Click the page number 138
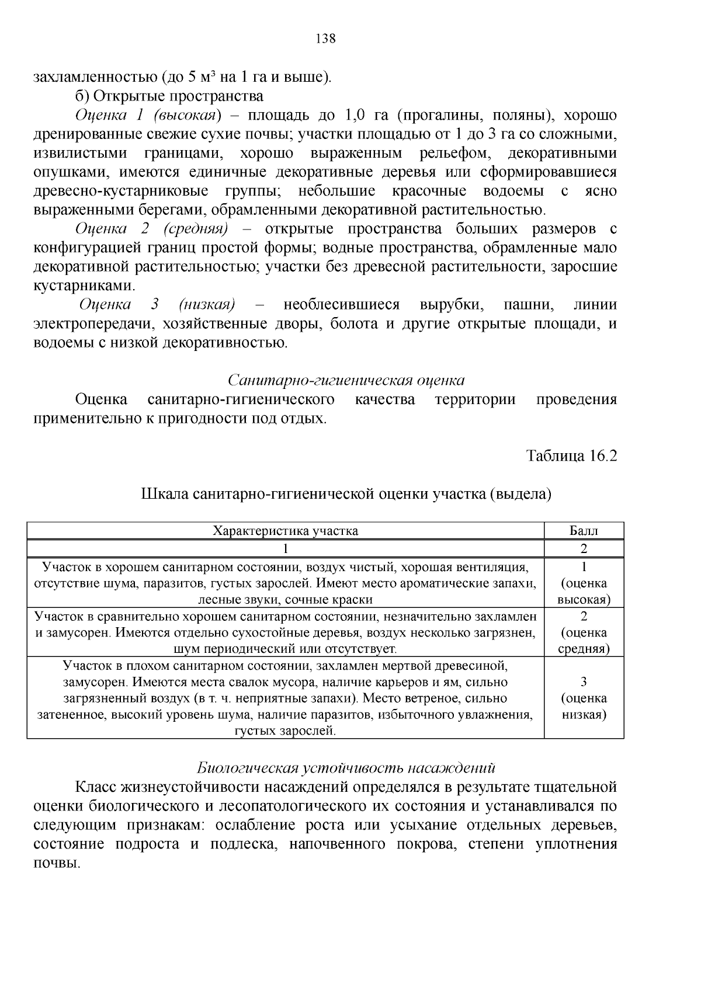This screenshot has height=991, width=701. point(325,39)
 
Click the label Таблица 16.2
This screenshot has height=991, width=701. point(571,455)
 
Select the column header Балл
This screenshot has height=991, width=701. point(584,531)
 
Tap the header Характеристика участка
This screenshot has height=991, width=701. point(286,531)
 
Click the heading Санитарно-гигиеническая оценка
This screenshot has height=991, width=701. point(346,381)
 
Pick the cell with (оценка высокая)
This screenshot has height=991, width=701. point(584,583)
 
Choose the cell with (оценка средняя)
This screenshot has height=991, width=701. point(584,632)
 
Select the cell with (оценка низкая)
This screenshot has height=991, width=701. point(584,698)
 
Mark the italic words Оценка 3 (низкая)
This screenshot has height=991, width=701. point(157,305)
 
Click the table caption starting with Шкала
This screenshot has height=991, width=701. point(346,494)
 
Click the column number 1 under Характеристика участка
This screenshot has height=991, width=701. point(286,548)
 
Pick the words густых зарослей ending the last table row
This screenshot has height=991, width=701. point(286,731)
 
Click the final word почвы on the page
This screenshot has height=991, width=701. point(56,863)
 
